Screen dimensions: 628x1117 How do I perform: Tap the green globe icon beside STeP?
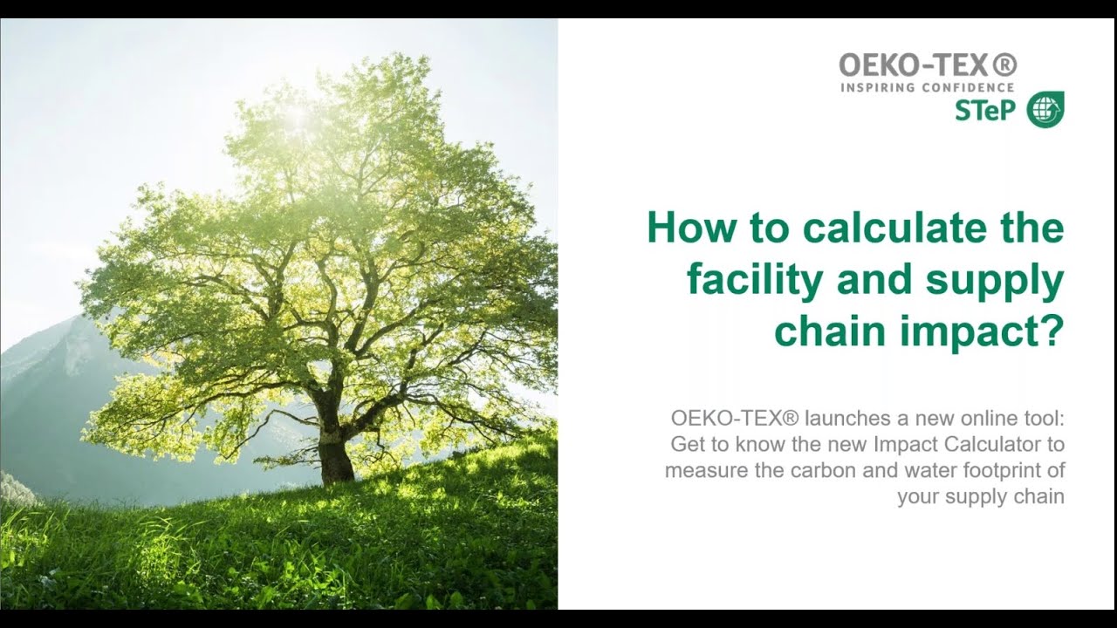(1045, 110)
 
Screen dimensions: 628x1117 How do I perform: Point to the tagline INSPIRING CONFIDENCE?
(927, 87)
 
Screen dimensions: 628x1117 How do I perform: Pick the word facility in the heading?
(754, 281)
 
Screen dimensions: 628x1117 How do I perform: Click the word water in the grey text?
(926, 470)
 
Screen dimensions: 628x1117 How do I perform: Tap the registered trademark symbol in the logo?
(1006, 65)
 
